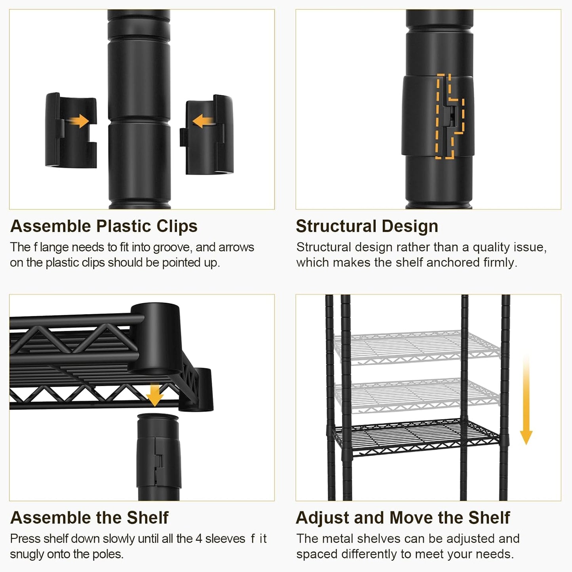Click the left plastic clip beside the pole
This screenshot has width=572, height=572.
pyautogui.click(x=70, y=130)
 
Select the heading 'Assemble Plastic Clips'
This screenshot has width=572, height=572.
pyautogui.click(x=104, y=226)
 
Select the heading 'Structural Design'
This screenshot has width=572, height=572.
pyautogui.click(x=367, y=226)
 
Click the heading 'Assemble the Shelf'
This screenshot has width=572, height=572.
pyautogui.click(x=89, y=518)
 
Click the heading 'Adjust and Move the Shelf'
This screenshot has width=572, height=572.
pyautogui.click(x=403, y=518)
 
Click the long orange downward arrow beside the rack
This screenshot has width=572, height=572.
pyautogui.click(x=526, y=399)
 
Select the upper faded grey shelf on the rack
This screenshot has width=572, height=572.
pyautogui.click(x=417, y=347)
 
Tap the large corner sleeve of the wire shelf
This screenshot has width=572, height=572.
pyautogui.click(x=156, y=339)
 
